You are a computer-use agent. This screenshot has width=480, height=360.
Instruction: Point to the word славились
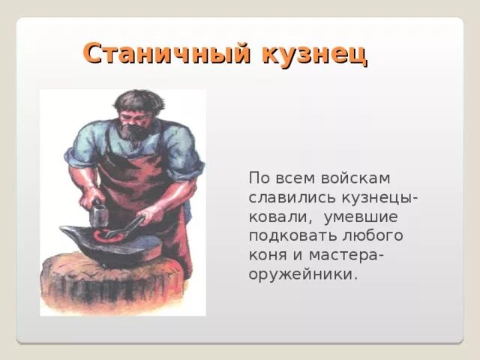(286, 197)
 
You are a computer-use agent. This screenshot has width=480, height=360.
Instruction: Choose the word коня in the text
(268, 255)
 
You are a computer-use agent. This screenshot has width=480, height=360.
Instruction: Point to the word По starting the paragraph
(259, 178)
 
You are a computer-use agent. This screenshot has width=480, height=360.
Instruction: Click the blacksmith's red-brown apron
(150, 187)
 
